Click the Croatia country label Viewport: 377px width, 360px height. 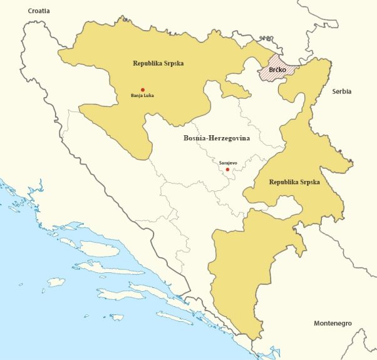[x=34, y=11]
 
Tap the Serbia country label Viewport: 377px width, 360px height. [x=342, y=91]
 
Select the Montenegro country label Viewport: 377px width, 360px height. [x=332, y=323]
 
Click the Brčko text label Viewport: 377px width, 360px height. [x=277, y=71]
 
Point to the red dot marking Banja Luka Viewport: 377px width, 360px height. [x=143, y=90]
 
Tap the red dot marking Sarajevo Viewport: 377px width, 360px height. [x=227, y=169]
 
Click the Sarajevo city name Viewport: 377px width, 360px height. [x=228, y=162]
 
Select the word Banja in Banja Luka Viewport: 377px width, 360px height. [x=137, y=96]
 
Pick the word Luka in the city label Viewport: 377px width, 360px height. [x=148, y=96]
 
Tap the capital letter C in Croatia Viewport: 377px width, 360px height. [x=21, y=11]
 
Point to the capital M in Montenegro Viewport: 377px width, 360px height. [x=316, y=323]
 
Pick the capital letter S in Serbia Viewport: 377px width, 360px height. [x=334, y=91]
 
